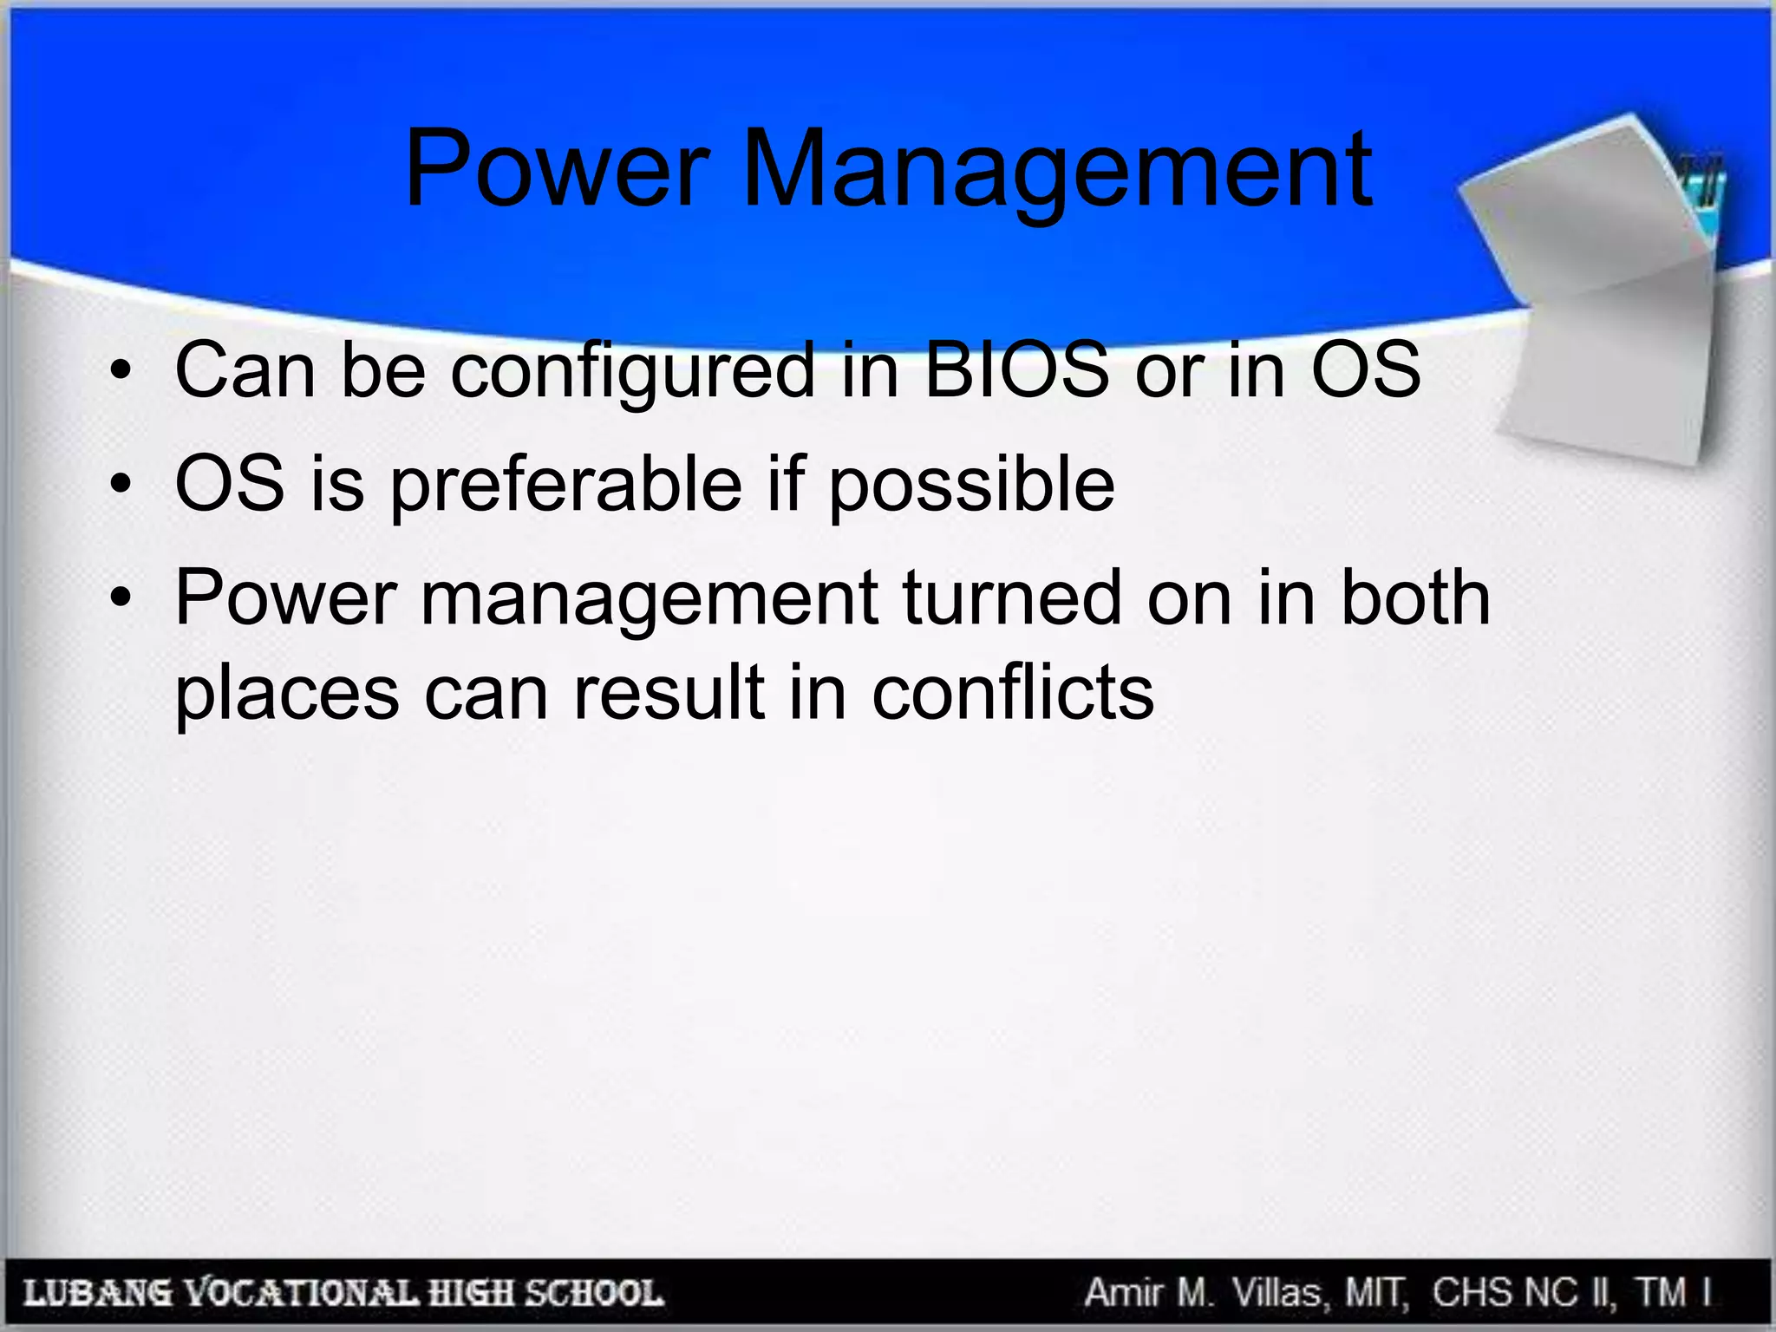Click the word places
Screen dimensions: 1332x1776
[x=287, y=695]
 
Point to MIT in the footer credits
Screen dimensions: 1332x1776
[x=1377, y=1293]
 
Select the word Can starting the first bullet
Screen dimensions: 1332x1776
[x=245, y=370]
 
